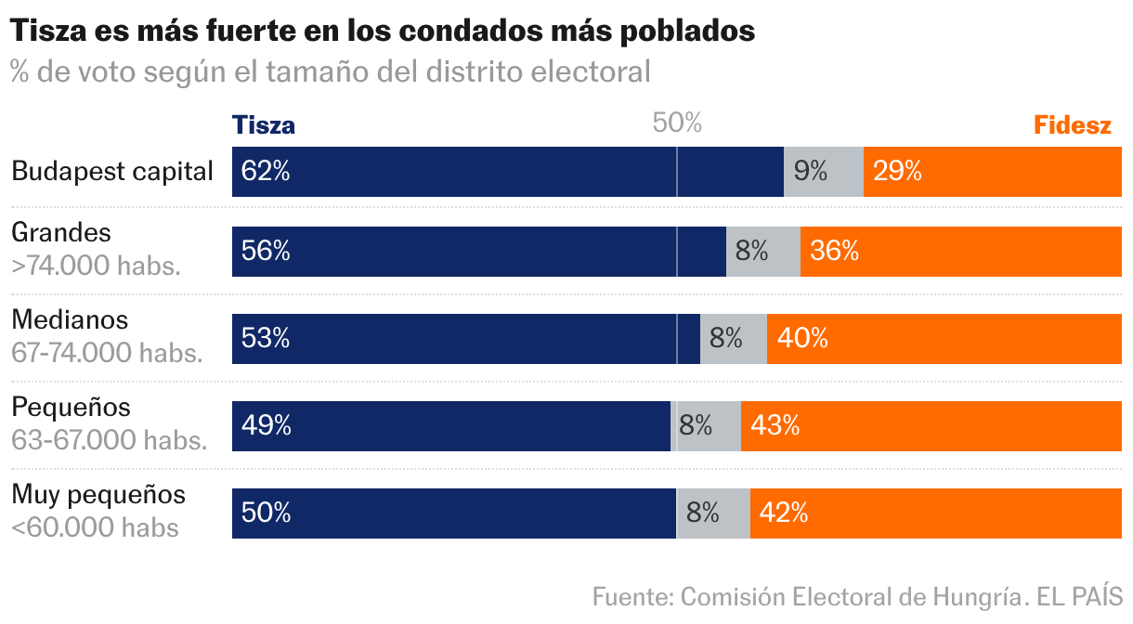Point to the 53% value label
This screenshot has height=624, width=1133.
pyautogui.click(x=266, y=339)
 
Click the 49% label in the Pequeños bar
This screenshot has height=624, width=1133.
pyautogui.click(x=267, y=425)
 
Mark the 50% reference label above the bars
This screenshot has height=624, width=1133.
pyautogui.click(x=677, y=123)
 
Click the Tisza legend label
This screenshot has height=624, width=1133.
pyautogui.click(x=264, y=125)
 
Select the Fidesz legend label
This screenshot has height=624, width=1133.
pyautogui.click(x=1073, y=125)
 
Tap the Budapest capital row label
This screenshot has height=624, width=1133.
pyautogui.click(x=112, y=172)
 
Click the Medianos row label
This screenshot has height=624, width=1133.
pyautogui.click(x=70, y=319)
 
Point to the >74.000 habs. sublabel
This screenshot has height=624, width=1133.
pyautogui.click(x=96, y=266)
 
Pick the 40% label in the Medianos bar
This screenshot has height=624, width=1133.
pyautogui.click(x=802, y=339)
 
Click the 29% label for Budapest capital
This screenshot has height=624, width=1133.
pyautogui.click(x=897, y=172)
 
